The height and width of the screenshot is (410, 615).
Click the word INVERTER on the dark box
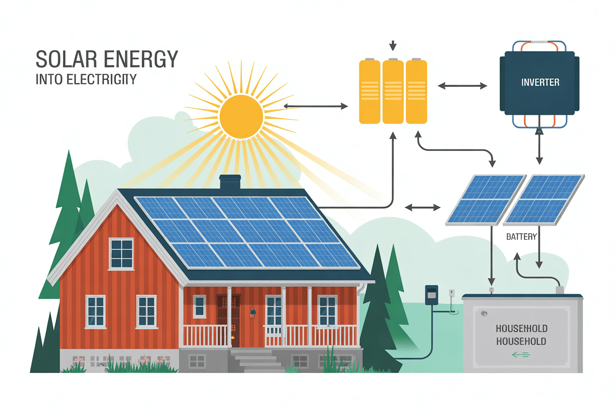click(540, 82)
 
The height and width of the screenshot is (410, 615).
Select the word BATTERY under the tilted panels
click(521, 237)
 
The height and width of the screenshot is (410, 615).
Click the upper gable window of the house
click(121, 253)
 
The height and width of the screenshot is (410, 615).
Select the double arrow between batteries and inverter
click(462, 86)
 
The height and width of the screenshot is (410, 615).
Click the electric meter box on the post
click(431, 295)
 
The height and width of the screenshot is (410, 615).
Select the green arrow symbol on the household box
click(520, 354)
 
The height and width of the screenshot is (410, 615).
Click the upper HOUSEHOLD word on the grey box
click(521, 329)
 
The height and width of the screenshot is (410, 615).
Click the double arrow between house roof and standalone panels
click(422, 208)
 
